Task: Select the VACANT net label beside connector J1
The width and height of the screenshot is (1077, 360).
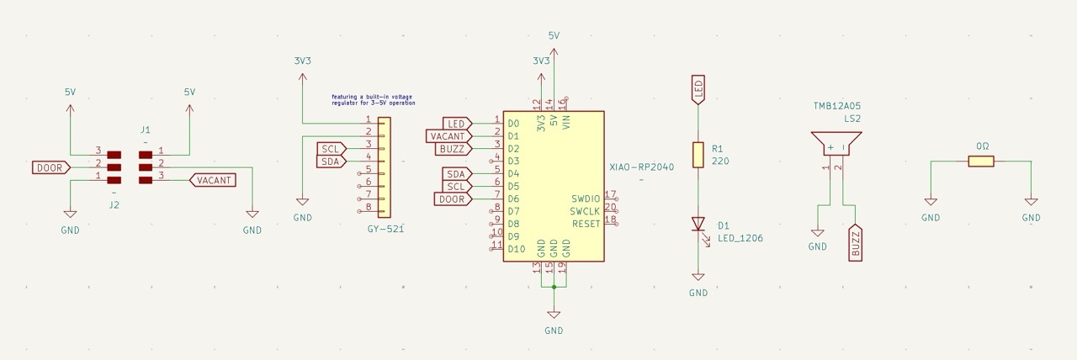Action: coord(214,180)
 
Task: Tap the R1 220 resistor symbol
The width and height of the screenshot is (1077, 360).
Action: coord(698,155)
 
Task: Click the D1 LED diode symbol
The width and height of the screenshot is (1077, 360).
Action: coord(698,224)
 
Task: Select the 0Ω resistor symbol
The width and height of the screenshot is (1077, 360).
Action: coord(981,161)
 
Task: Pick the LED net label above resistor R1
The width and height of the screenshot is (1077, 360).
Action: coord(698,88)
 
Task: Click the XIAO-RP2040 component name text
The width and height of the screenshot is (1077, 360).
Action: coord(641,167)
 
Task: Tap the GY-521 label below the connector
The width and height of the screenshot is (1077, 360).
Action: coord(385,229)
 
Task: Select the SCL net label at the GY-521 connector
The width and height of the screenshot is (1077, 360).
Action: coord(331,149)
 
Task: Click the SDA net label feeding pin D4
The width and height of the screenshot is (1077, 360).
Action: coord(456,173)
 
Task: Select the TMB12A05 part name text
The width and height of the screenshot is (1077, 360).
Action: coord(836,106)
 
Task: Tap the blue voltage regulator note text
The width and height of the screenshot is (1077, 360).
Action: coord(373,99)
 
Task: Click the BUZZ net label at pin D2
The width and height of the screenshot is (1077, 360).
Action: coord(453,149)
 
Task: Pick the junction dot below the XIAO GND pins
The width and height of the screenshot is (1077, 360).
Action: coord(554,287)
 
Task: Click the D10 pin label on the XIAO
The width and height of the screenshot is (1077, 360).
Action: coord(517,249)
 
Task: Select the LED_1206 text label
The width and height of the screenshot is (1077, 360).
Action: coord(740,238)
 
